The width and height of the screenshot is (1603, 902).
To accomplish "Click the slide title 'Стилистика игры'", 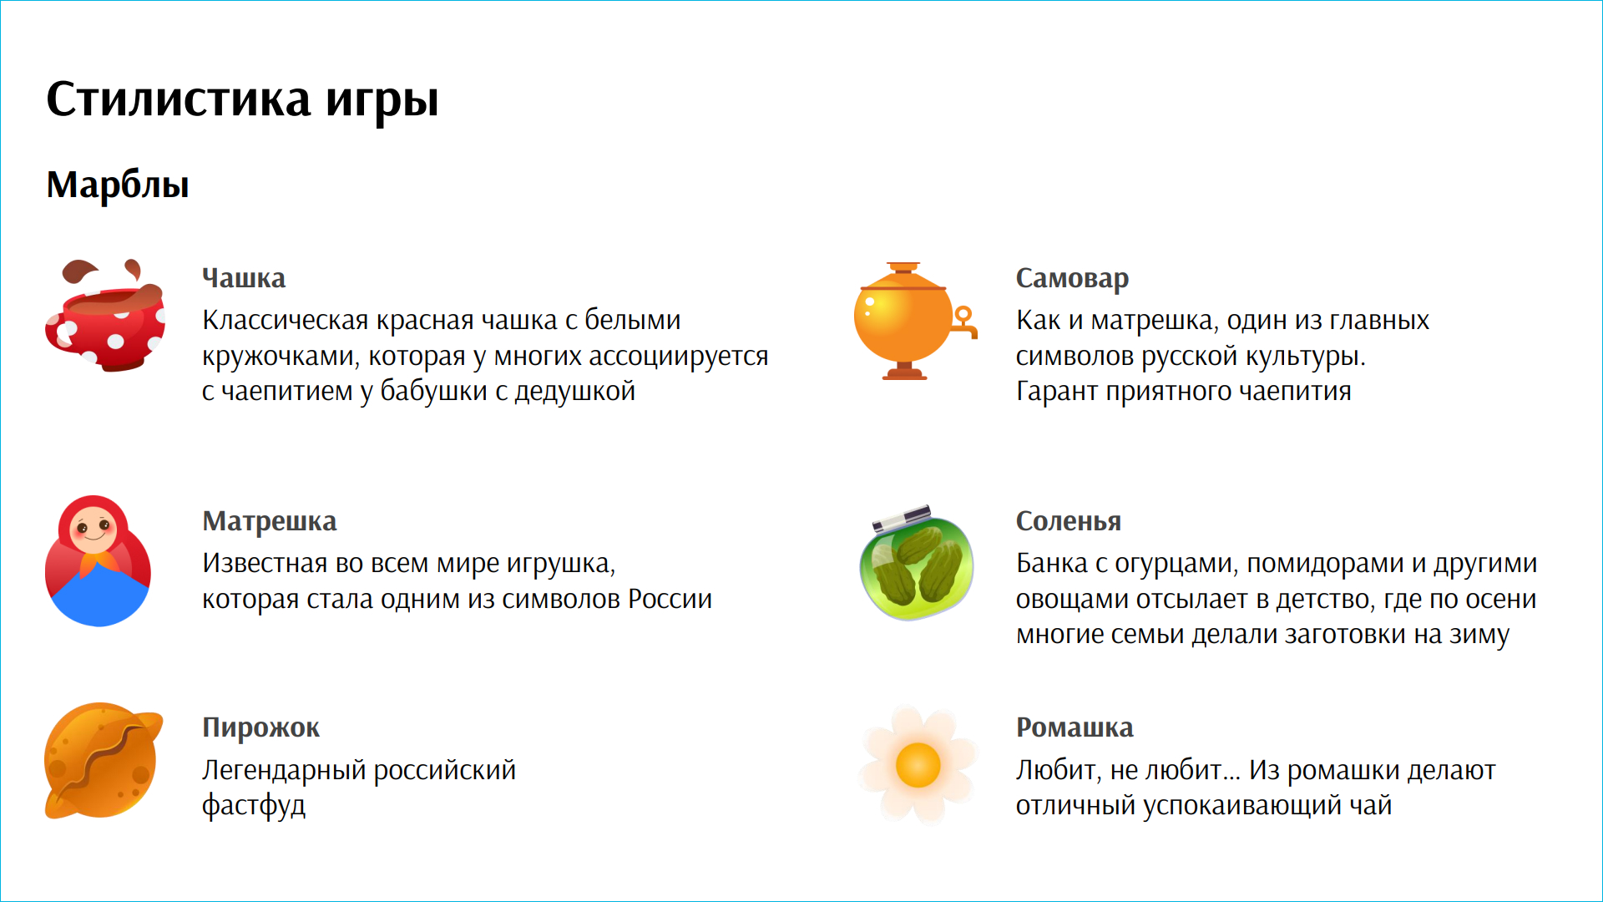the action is click(242, 100).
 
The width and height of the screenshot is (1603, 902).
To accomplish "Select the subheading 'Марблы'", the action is click(118, 185).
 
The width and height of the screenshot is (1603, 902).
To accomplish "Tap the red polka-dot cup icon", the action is click(105, 316).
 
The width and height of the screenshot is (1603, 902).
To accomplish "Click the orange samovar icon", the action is click(915, 322).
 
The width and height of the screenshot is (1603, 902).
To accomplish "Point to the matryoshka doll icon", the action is click(99, 560).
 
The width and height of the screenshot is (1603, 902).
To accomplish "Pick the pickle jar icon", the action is click(917, 563).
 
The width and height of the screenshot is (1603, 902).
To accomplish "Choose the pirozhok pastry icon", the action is click(103, 760).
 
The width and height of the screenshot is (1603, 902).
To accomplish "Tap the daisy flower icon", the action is click(918, 764).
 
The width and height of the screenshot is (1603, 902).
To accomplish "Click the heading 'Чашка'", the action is click(244, 278).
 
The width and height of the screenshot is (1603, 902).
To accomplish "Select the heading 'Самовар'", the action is click(1072, 278).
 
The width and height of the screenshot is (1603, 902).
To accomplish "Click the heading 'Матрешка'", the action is click(270, 521).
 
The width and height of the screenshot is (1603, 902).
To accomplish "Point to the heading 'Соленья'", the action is click(1069, 521).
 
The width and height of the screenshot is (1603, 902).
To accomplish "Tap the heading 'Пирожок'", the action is click(260, 727).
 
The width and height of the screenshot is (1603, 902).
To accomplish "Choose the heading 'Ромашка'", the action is click(1075, 727).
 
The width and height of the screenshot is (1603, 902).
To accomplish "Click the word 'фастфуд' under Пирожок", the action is click(254, 805).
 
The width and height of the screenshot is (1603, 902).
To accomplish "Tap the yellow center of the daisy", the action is click(918, 765).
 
